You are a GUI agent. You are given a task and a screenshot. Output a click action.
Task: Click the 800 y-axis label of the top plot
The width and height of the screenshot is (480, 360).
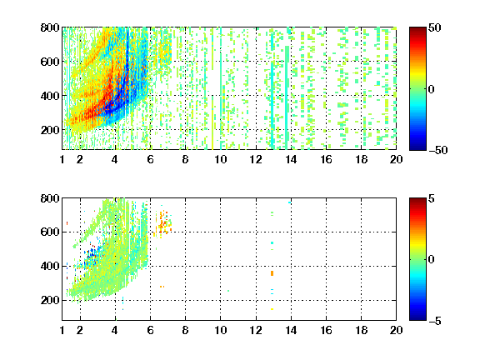[50, 27]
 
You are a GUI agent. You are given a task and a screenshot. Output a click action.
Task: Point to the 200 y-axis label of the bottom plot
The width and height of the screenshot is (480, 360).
[50, 300]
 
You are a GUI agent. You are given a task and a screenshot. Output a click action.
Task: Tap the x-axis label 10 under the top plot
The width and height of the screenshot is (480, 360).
[220, 159]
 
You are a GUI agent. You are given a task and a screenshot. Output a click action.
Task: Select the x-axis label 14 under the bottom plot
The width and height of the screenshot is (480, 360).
[291, 330]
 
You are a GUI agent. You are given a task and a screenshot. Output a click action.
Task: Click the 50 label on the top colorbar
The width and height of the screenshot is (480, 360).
[434, 27]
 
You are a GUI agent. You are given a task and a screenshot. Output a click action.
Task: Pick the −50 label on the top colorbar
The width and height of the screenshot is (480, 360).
[437, 150]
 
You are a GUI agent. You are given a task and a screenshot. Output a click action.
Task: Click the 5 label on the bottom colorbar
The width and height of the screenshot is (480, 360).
[432, 198]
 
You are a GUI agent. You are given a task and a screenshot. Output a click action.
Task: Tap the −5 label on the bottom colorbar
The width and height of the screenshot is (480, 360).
[435, 321]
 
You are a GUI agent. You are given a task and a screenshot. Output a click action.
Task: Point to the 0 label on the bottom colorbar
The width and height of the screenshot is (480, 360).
[432, 260]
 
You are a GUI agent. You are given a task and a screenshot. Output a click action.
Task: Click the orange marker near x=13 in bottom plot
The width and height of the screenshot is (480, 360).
[272, 273]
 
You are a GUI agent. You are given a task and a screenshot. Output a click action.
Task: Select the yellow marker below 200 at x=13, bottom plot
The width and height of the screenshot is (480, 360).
[272, 309]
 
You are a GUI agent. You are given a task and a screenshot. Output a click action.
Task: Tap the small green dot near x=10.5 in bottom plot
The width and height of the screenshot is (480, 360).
[228, 291]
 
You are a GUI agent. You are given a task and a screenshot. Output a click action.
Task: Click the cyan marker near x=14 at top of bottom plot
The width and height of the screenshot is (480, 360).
[290, 202]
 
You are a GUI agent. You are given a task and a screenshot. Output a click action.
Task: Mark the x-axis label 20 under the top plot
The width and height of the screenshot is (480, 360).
[396, 159]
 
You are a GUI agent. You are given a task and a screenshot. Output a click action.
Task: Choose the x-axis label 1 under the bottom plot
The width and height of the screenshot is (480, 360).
[62, 330]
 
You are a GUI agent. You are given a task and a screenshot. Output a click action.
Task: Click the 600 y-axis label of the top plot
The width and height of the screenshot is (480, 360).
[50, 62]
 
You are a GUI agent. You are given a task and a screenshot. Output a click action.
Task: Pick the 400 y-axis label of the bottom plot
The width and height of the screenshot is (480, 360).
[50, 266]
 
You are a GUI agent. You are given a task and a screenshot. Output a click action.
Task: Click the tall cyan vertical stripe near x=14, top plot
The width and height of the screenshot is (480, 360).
[287, 97]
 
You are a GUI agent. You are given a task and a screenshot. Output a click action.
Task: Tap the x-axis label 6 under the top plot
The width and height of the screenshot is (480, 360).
[150, 159]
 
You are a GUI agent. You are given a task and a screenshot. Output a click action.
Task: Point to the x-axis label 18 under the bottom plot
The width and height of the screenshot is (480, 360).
[361, 330]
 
